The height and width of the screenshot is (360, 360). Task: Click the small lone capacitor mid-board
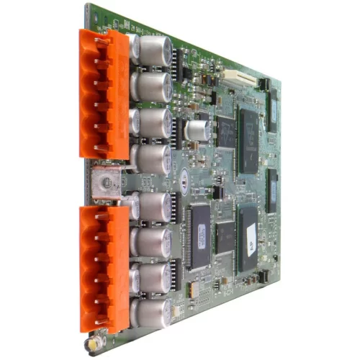tap(196, 130)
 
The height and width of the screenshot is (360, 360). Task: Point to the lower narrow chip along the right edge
tap(271, 190)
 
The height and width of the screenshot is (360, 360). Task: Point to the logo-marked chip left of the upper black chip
tap(225, 130)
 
